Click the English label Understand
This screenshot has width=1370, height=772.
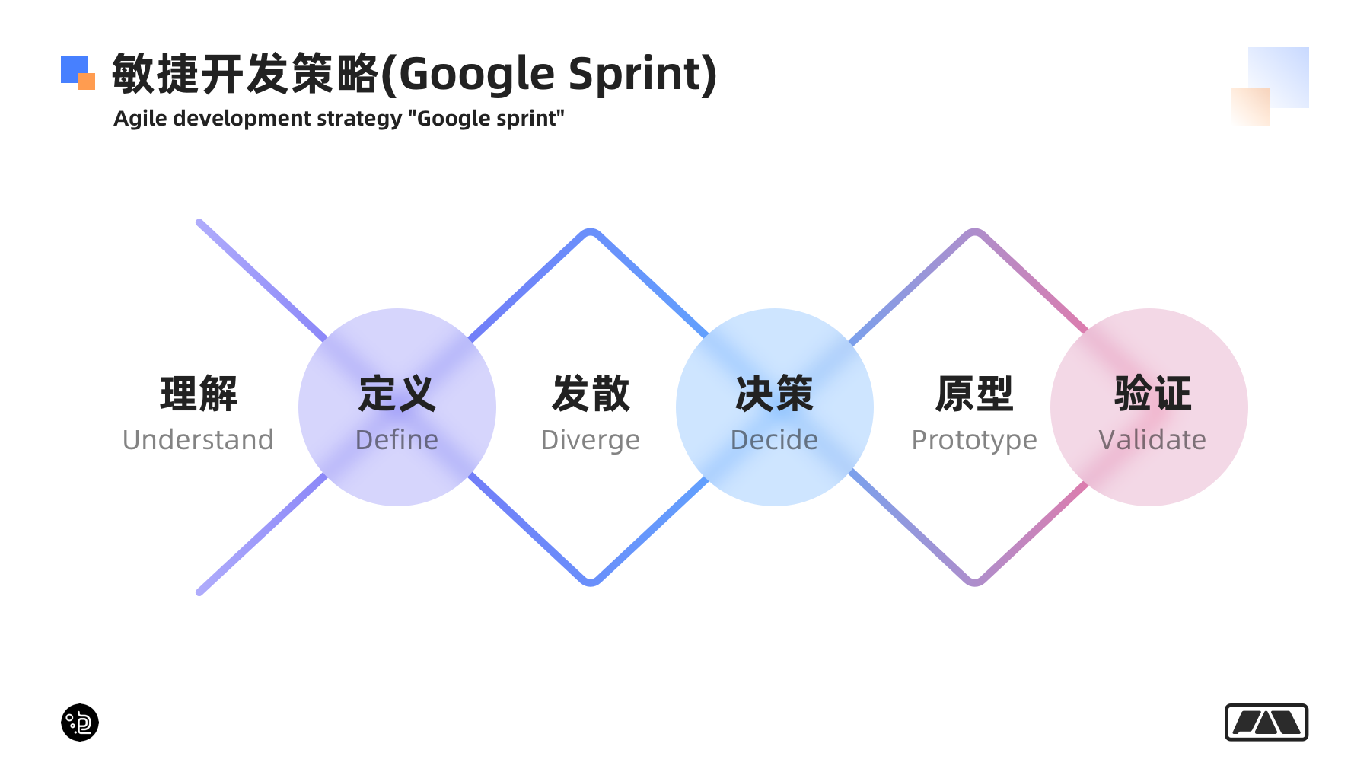pos(198,440)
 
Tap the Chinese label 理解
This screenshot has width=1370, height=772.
pos(199,394)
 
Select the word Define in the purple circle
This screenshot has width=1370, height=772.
pos(397,440)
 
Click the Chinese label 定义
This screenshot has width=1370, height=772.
pos(397,394)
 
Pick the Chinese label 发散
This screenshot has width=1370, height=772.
pos(591,394)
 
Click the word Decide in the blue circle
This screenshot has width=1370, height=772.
pos(774,440)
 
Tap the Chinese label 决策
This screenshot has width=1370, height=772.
pos(774,394)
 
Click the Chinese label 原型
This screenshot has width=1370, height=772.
pos(974,394)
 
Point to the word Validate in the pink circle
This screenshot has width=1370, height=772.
pos(1152,440)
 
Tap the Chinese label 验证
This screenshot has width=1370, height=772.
pos(1152,394)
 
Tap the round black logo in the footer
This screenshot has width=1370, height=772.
pos(80,722)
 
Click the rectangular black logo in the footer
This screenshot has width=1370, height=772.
pos(1266,722)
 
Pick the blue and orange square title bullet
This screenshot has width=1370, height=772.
pos(78,72)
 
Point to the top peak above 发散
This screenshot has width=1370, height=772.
pos(591,231)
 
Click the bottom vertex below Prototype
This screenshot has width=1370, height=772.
pos(975,582)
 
